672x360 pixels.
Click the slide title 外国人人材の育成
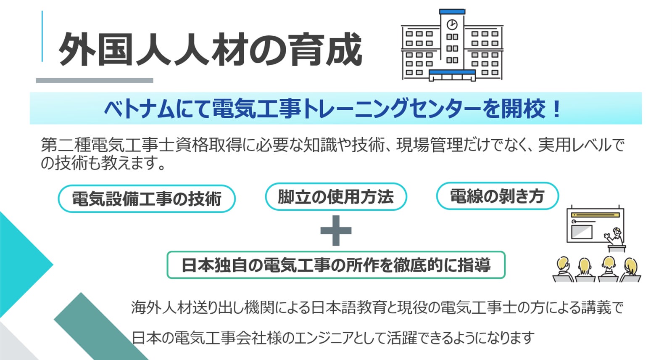coord(210,50)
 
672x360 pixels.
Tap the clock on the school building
coord(452,24)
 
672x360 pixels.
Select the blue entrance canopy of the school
coord(452,72)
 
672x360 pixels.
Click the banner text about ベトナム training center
coord(332,109)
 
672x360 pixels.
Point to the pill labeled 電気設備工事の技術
coord(146,199)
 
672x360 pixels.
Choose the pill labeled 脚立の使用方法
coord(335,196)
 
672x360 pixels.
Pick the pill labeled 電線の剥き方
coord(497,196)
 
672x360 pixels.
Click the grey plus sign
coord(336,230)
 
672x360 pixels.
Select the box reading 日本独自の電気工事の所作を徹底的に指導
coord(336,265)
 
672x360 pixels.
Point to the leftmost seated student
coord(563,269)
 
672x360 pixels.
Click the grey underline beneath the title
coord(95,80)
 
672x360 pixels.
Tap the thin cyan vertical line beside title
coord(42,36)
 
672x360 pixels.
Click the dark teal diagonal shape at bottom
coord(101,328)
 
